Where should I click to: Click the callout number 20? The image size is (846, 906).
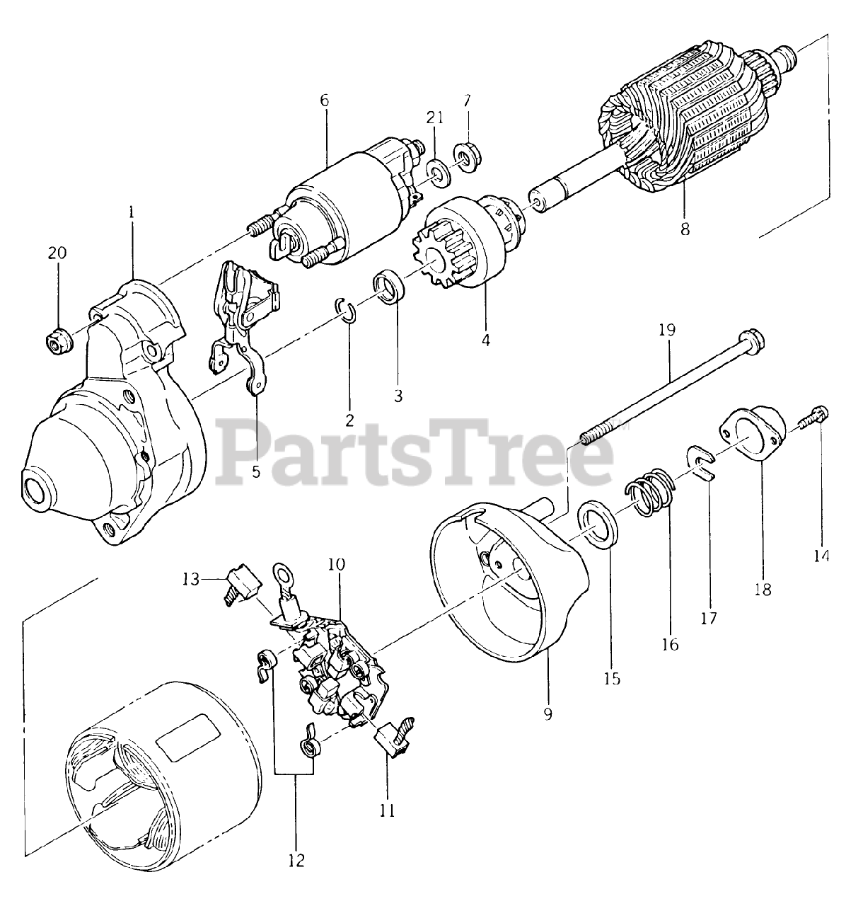coord(58,253)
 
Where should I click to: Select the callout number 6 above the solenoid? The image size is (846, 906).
coord(325,101)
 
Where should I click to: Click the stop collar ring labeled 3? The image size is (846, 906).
coord(388,287)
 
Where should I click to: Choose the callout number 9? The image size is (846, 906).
coord(547,713)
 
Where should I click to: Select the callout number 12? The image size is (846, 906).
coord(296,861)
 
